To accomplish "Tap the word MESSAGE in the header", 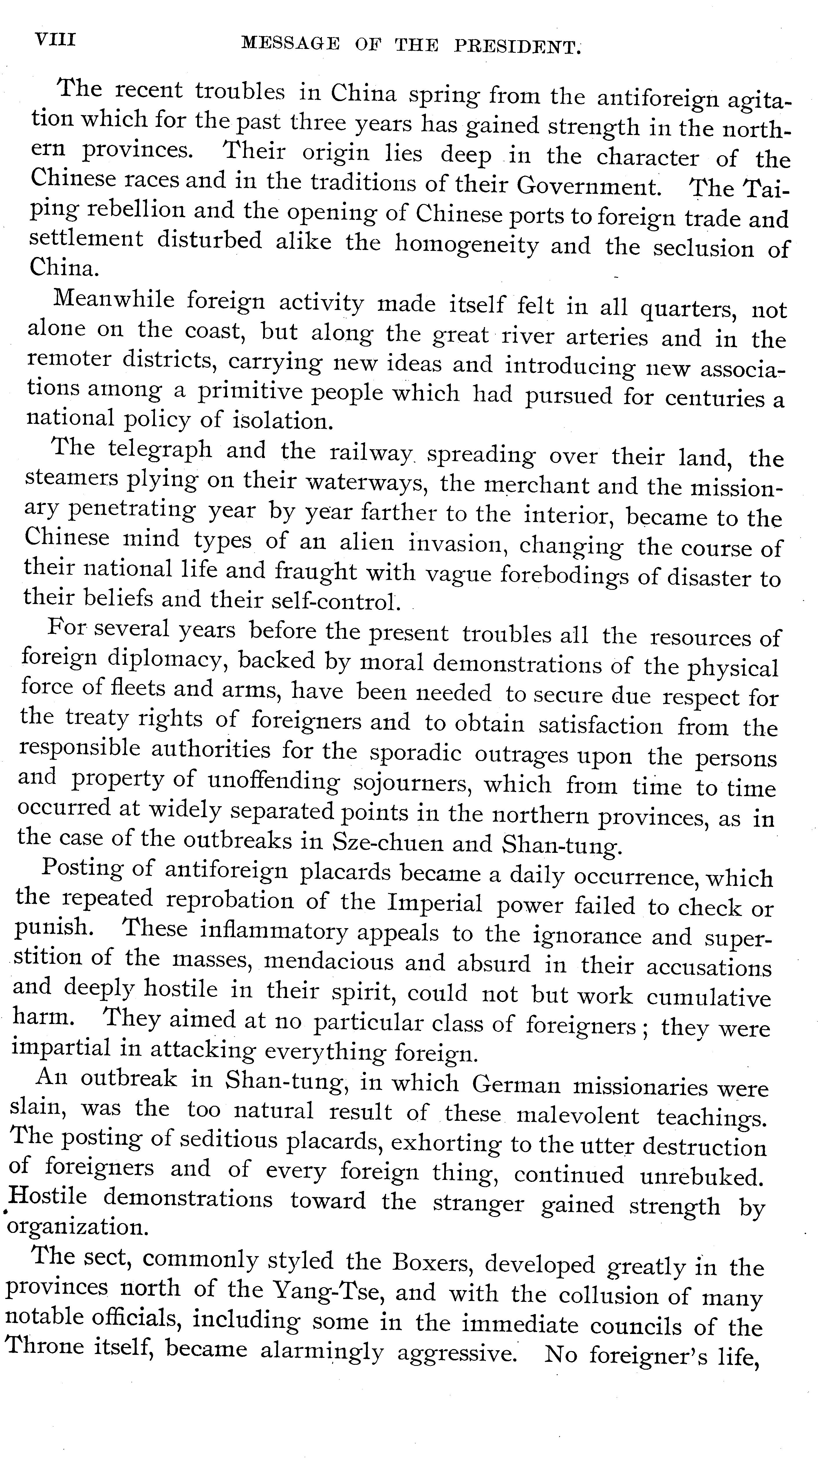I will [x=290, y=43].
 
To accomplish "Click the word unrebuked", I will [x=702, y=1177].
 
